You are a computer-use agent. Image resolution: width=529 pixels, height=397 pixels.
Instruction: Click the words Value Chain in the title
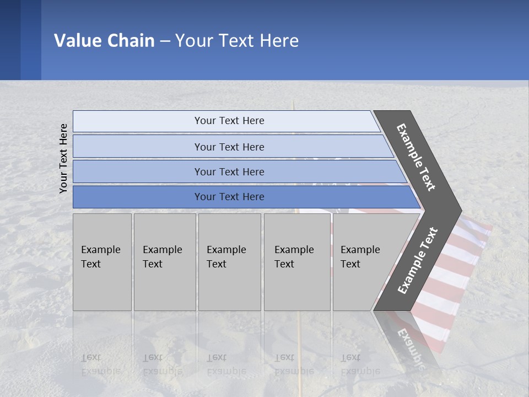[104, 41]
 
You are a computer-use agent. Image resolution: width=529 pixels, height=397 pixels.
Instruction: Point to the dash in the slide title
[165, 41]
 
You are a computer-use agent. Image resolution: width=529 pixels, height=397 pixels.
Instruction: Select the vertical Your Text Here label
[63, 158]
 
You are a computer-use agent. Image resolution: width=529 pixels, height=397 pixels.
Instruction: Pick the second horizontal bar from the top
[229, 147]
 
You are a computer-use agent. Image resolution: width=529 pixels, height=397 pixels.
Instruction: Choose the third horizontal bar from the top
[229, 171]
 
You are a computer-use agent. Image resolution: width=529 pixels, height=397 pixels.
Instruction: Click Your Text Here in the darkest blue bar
[229, 197]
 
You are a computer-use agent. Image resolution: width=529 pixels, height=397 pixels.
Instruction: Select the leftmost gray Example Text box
[102, 261]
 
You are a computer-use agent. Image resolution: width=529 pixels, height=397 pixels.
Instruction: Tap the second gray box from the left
[165, 261]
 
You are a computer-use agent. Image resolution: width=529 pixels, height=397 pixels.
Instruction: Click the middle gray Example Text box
[229, 261]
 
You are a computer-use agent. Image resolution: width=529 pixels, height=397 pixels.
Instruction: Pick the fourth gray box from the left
[297, 261]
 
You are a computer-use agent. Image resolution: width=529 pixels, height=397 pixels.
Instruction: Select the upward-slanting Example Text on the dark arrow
[418, 261]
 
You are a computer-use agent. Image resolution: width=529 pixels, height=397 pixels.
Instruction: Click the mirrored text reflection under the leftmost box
[100, 364]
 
